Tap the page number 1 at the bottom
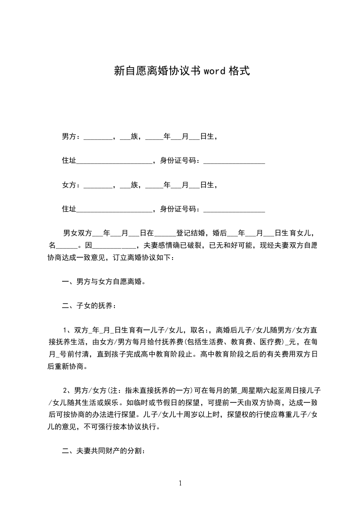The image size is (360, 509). pos(180,483)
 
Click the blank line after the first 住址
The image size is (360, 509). pos(114,161)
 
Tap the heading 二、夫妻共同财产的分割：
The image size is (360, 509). pos(104,451)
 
